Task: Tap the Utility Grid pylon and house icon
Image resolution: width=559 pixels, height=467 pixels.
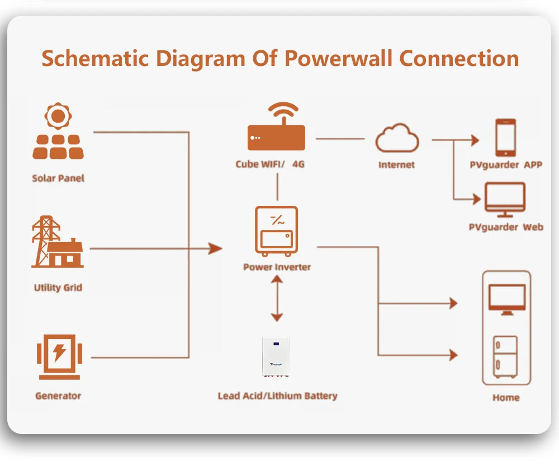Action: tap(58, 242)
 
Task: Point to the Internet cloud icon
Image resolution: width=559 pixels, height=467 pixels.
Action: tap(397, 139)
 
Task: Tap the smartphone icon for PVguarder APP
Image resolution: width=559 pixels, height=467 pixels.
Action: tap(506, 138)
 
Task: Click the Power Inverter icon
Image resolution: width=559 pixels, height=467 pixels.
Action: tap(277, 230)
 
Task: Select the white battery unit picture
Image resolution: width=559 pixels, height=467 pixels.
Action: tap(277, 356)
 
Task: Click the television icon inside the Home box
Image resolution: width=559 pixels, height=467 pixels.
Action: tap(507, 299)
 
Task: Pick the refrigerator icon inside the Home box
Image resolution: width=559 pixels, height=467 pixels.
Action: tap(505, 357)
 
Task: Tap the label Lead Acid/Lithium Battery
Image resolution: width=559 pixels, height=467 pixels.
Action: tap(277, 396)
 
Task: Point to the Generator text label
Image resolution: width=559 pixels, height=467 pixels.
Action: tap(58, 396)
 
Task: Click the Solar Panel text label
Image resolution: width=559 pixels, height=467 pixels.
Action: tap(58, 178)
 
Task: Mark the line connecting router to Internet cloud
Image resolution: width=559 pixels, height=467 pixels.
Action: tap(340, 138)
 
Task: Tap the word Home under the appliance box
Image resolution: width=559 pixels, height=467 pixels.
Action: tap(506, 398)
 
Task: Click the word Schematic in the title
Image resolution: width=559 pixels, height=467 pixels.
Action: tap(94, 58)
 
